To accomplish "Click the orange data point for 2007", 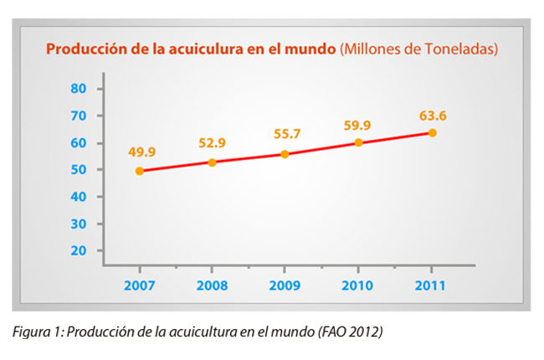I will point(139,171).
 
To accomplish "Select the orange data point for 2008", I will point(212,162).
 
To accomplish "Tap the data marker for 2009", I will point(285,154).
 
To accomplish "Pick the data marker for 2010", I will point(358,142).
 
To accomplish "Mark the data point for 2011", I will point(432,132).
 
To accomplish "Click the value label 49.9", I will point(141,152).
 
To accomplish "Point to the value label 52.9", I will point(213,142).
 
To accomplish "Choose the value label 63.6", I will point(431,115).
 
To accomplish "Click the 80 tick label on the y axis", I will point(79,88).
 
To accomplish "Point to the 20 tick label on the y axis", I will point(79,250).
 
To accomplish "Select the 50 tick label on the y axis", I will point(79,169).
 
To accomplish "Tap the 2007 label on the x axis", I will point(139,285).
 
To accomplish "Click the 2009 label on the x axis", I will point(285,285).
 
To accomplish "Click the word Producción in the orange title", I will point(85,49).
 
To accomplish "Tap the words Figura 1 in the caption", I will point(38,332).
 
